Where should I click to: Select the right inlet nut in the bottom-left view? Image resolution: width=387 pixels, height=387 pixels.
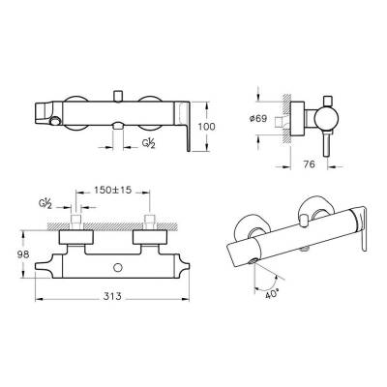tap(150, 234)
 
